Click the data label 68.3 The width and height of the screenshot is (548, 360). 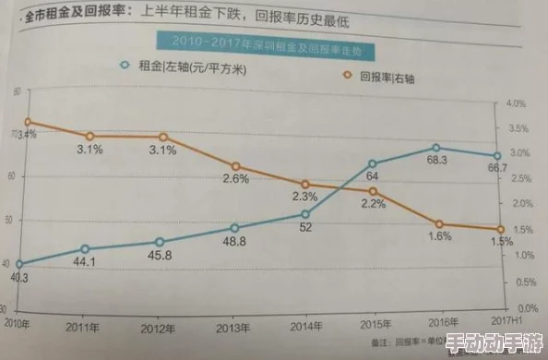pyautogui.click(x=437, y=161)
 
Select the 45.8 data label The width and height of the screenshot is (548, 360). pyautogui.click(x=160, y=255)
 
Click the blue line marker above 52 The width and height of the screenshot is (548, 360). pyautogui.click(x=306, y=214)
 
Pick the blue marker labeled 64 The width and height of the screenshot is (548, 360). pyautogui.click(x=373, y=163)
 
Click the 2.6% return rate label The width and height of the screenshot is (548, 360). pyautogui.click(x=235, y=179)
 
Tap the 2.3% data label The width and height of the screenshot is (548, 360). pyautogui.click(x=304, y=197)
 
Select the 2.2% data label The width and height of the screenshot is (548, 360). pyautogui.click(x=373, y=205)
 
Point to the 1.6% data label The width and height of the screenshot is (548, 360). pyautogui.click(x=439, y=236)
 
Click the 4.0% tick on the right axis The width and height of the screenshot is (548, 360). pyautogui.click(x=515, y=103)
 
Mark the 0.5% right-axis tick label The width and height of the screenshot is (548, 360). pyautogui.click(x=515, y=281)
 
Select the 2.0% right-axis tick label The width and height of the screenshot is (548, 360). pyautogui.click(x=515, y=203)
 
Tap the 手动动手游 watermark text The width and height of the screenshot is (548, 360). pyautogui.click(x=494, y=342)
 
